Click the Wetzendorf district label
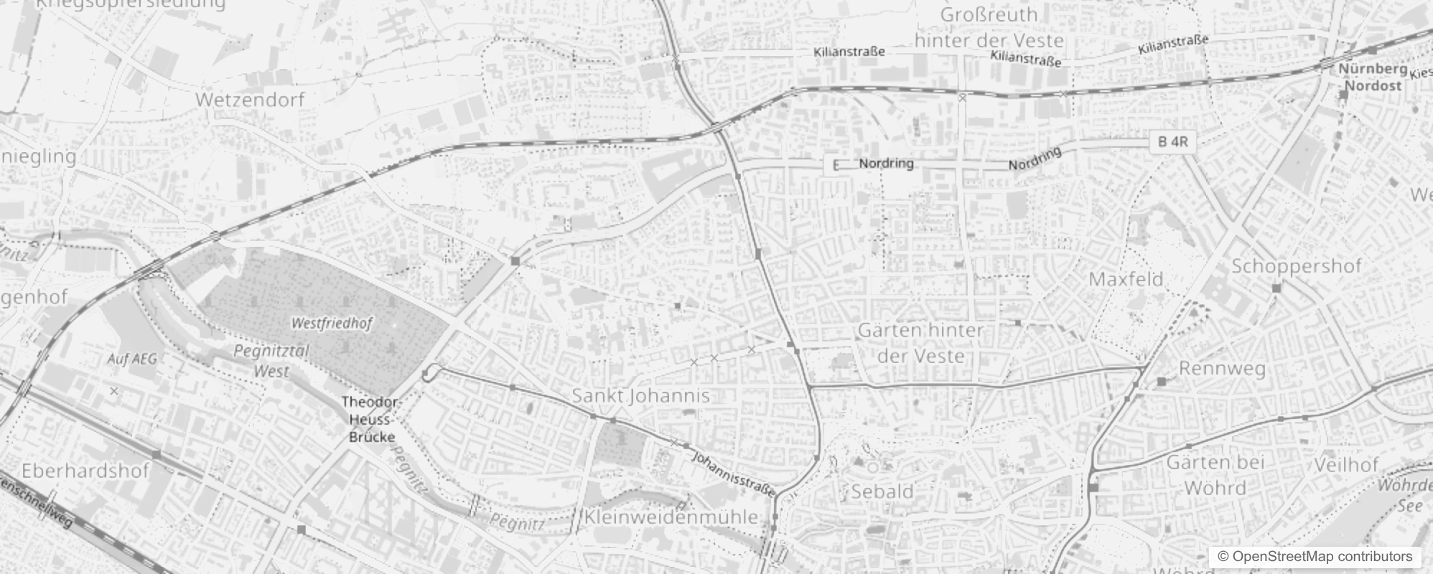[250, 100]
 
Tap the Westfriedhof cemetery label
[332, 324]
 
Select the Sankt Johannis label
[640, 395]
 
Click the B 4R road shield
[1173, 142]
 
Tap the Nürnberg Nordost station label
[1372, 77]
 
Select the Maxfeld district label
[1126, 279]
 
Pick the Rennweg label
[1222, 369]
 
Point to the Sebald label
[882, 491]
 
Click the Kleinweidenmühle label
[671, 517]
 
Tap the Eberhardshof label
[85, 471]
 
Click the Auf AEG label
[131, 359]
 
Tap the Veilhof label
[1346, 465]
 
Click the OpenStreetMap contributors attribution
[1315, 557]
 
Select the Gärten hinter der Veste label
[920, 343]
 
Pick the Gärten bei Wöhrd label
[1215, 475]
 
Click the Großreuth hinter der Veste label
[989, 27]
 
